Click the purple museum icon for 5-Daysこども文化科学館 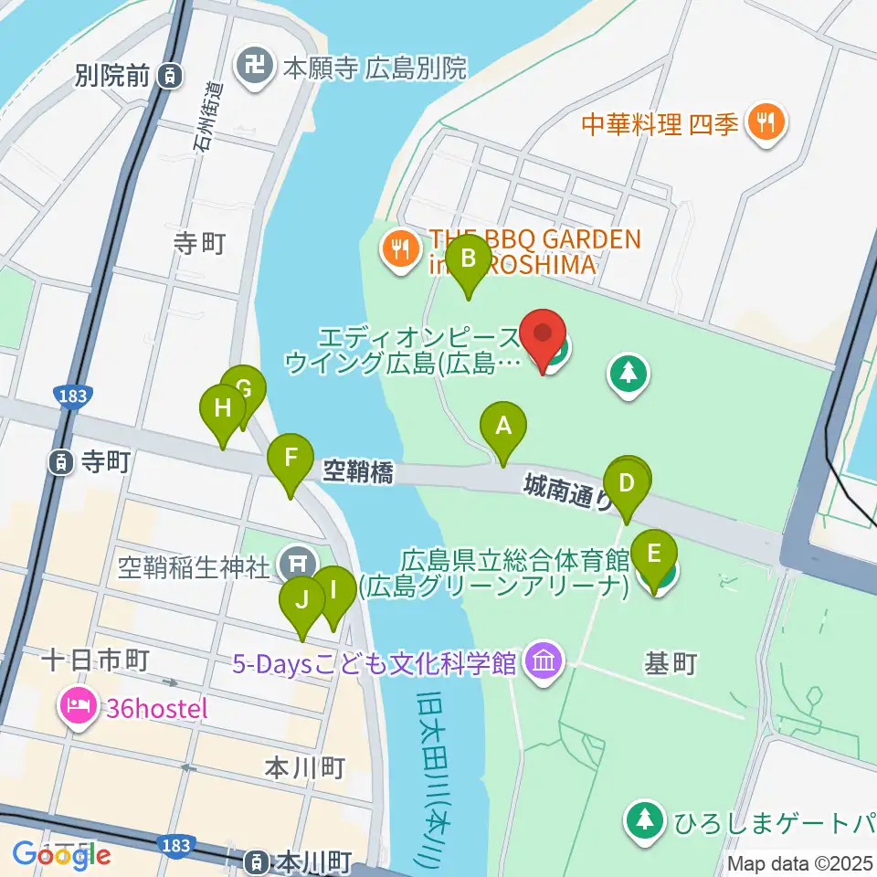click(544, 660)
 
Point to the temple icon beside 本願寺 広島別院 click(249, 65)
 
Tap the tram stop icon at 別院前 click(170, 77)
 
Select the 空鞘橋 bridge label click(358, 472)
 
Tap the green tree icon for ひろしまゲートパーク click(646, 820)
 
